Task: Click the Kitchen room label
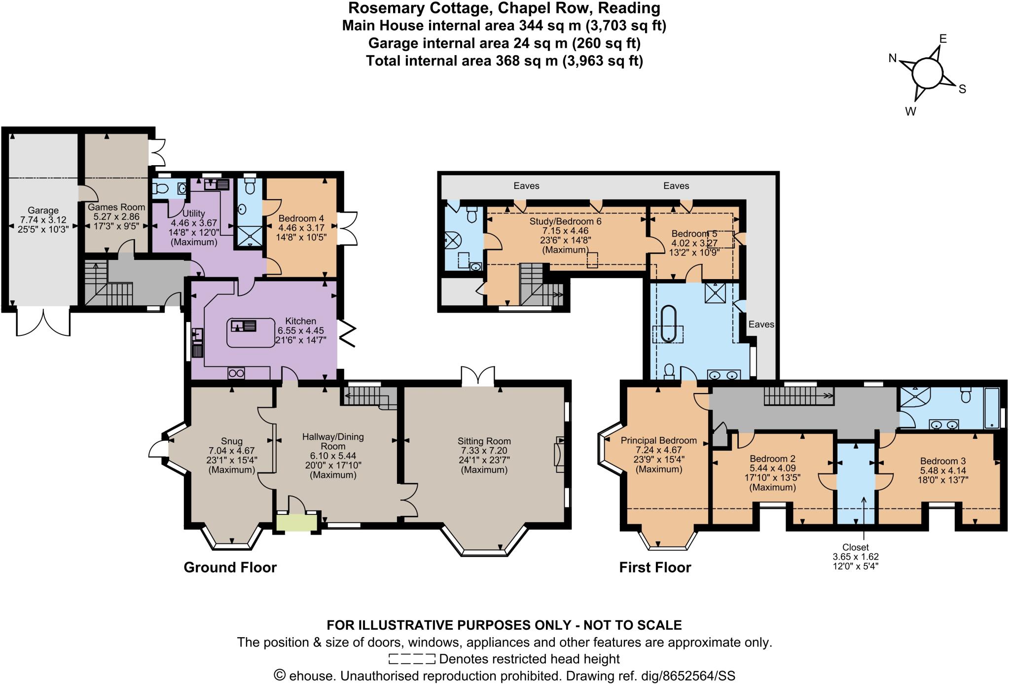[301, 321]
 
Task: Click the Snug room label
[232, 441]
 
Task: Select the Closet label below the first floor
[856, 547]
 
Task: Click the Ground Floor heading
[230, 568]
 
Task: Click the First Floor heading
[655, 568]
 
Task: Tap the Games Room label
[116, 207]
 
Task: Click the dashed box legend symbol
[412, 659]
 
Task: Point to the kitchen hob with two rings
[236, 373]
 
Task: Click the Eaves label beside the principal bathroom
[761, 324]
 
